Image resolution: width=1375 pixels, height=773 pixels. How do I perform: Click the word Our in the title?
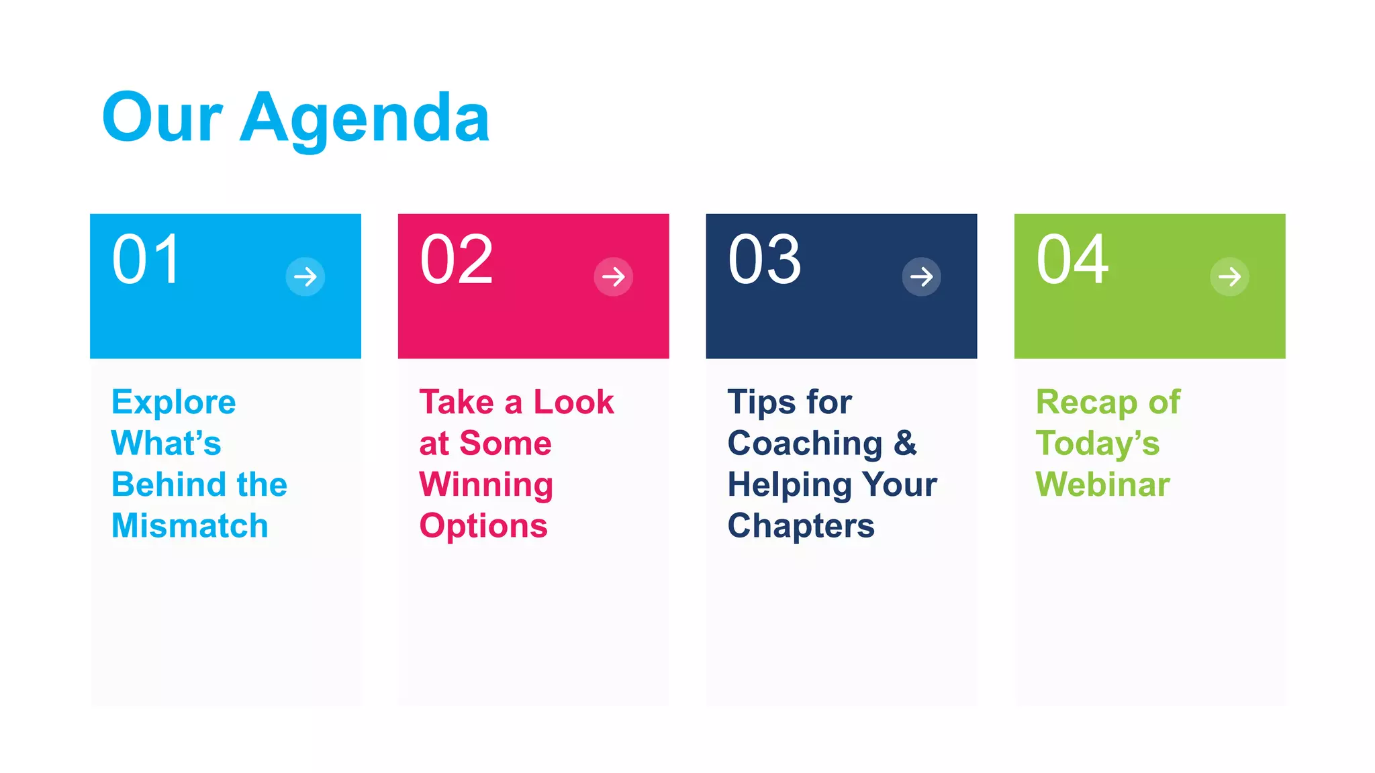pos(162,119)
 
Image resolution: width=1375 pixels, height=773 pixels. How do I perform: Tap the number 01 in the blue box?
pos(146,260)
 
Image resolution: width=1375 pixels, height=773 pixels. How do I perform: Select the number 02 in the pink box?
pos(457,260)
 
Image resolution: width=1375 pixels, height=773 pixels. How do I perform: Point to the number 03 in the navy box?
pos(764,260)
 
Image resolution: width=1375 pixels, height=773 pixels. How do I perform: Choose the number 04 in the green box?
pos(1072,260)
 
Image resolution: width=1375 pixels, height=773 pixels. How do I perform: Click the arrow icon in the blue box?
pos(305,276)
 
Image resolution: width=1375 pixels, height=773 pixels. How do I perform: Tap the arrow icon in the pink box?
pos(614,276)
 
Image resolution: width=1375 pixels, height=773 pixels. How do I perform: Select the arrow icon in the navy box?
pos(921,276)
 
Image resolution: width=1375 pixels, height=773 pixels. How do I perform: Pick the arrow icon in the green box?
pos(1229,276)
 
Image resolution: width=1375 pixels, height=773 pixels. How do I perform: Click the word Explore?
pos(174,403)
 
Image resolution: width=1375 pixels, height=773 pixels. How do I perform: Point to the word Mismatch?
pos(190,525)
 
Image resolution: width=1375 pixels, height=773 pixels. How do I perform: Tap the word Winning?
pos(486,484)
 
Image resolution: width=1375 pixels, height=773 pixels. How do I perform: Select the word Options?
pos(483,526)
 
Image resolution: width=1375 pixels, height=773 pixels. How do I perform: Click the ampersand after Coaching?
pos(905,444)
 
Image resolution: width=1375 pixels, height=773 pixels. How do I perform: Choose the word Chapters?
pos(801,526)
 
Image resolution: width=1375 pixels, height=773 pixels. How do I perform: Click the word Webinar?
pos(1102,484)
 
